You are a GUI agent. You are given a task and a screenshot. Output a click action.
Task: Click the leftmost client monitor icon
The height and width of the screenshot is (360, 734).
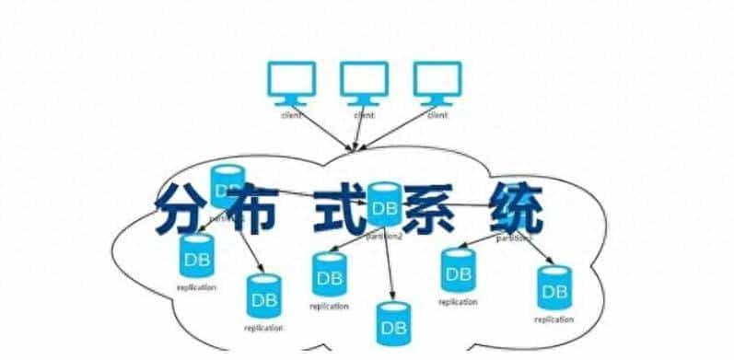(290, 82)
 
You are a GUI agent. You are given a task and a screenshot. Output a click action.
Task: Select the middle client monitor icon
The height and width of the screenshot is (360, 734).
(364, 82)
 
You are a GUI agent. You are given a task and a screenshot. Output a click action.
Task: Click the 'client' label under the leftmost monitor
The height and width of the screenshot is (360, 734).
(290, 116)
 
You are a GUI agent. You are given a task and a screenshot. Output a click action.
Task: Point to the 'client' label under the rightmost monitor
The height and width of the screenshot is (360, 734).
(437, 116)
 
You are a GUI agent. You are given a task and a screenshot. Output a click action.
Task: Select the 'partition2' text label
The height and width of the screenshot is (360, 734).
(384, 236)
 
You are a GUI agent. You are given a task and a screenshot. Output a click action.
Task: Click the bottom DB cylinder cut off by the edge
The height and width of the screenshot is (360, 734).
(394, 323)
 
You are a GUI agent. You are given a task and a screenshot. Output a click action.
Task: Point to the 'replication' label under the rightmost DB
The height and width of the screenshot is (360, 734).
(553, 319)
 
